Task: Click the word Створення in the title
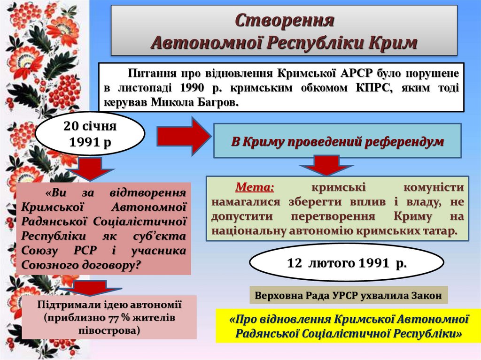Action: coord(284,21)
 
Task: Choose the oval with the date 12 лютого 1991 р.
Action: coord(346,263)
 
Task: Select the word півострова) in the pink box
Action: coord(109,330)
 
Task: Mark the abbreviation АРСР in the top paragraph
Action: coord(358,74)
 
